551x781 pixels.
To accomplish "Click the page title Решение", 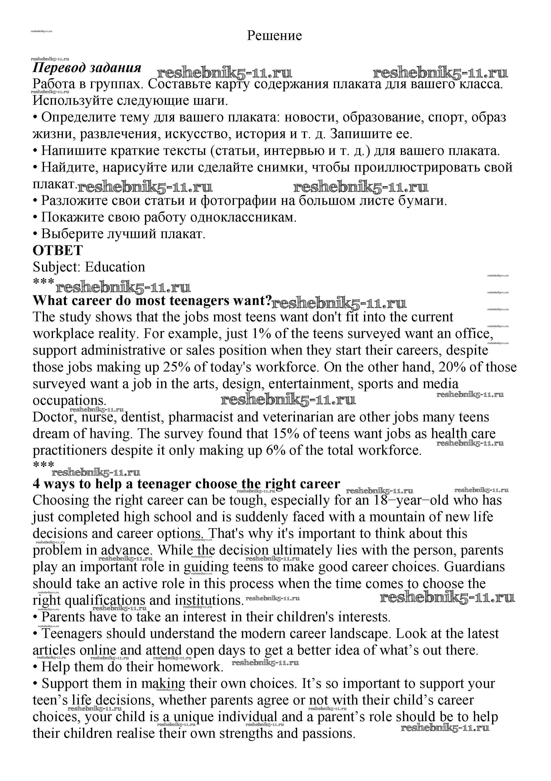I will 274,35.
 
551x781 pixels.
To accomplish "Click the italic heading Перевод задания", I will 87,68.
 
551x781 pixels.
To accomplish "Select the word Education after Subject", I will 115,267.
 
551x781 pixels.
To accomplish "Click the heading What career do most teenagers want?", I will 152,300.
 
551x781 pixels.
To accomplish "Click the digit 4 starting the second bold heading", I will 36,484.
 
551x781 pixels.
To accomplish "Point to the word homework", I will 190,667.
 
